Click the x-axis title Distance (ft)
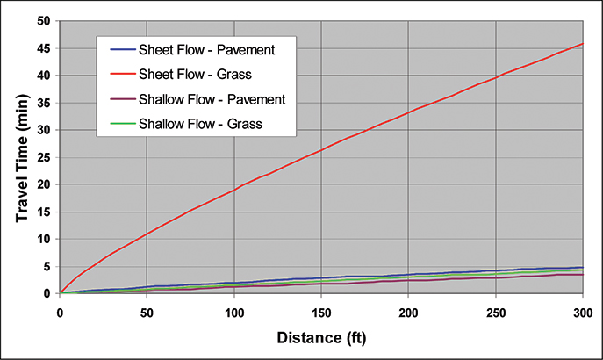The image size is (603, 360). pos(321,337)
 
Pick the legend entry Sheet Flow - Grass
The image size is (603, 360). pos(211,74)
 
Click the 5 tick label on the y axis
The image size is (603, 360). pos(47,266)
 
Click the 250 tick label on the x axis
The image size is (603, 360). pos(496,311)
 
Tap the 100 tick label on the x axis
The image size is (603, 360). pos(234,311)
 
